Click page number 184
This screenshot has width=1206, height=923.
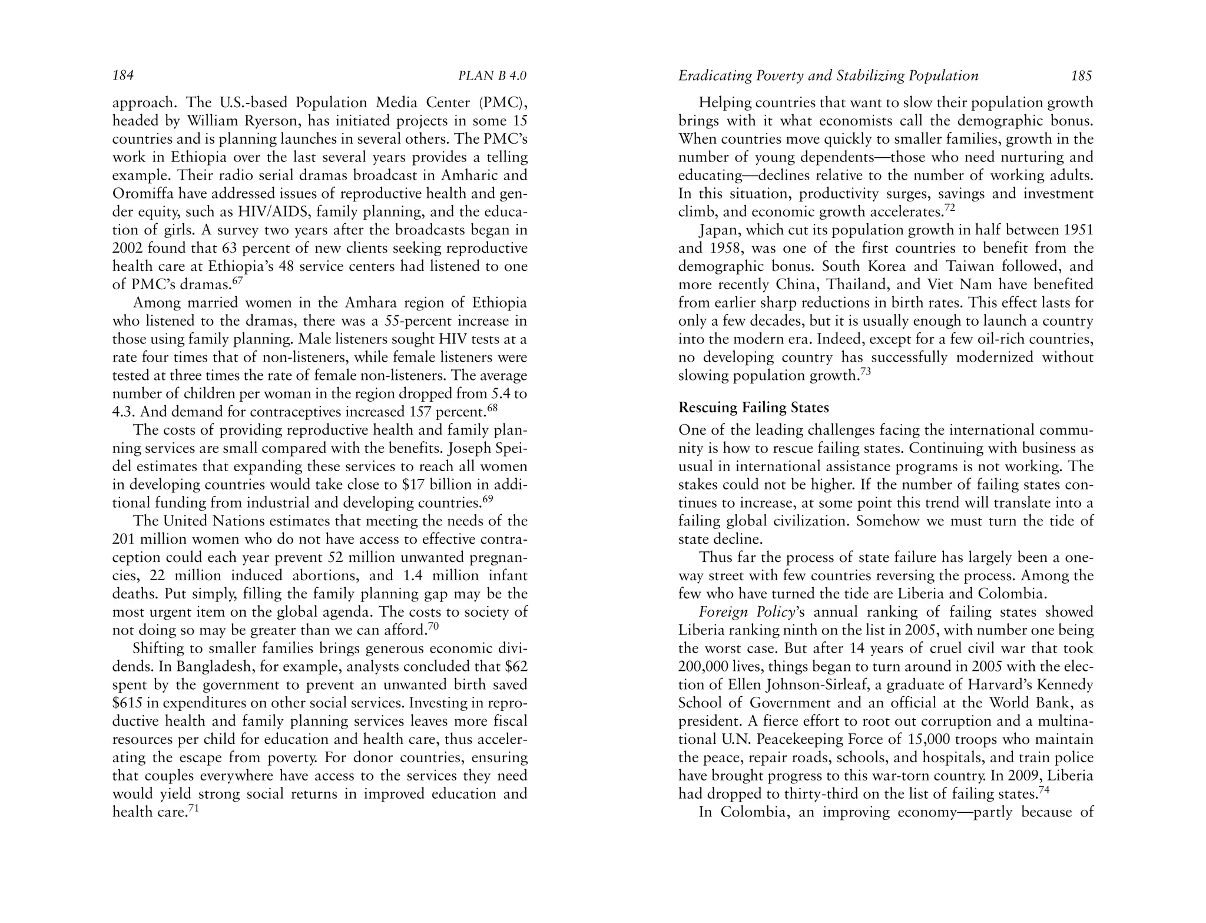(x=123, y=75)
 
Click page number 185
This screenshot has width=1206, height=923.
(x=1082, y=75)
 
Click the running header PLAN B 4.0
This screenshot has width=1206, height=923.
(x=492, y=76)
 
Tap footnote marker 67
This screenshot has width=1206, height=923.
(x=237, y=280)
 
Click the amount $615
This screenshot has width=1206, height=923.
(x=127, y=703)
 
